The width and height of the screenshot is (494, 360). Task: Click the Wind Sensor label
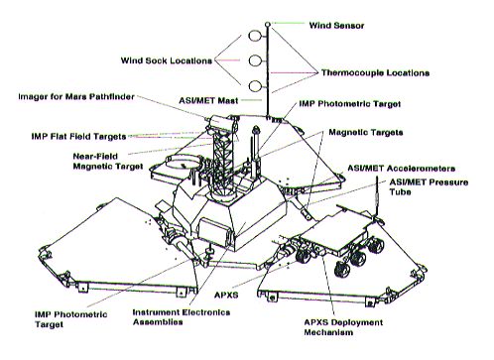coord(336,26)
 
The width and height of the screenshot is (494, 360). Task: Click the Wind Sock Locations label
coord(167,60)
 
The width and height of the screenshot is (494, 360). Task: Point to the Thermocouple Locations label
coord(375,72)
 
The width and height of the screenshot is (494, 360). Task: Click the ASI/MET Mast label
coord(208,100)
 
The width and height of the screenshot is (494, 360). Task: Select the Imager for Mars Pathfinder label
coord(76,96)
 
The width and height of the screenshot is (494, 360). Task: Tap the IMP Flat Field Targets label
coord(78,136)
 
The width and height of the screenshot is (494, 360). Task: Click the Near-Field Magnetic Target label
coord(108,161)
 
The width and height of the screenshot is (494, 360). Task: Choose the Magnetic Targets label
coord(366,133)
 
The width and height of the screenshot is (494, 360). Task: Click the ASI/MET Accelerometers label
coord(401,169)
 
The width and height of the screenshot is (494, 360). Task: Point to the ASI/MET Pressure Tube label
coord(429,187)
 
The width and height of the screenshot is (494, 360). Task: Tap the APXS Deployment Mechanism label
coord(343,327)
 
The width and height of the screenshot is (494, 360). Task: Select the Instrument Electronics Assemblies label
coord(182,317)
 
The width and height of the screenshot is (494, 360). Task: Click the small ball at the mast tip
coord(268,24)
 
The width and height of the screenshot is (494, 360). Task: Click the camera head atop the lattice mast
coord(220,123)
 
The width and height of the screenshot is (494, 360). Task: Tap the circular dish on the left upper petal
coord(183,162)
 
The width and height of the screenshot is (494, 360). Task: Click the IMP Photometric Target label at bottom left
coord(70,319)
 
